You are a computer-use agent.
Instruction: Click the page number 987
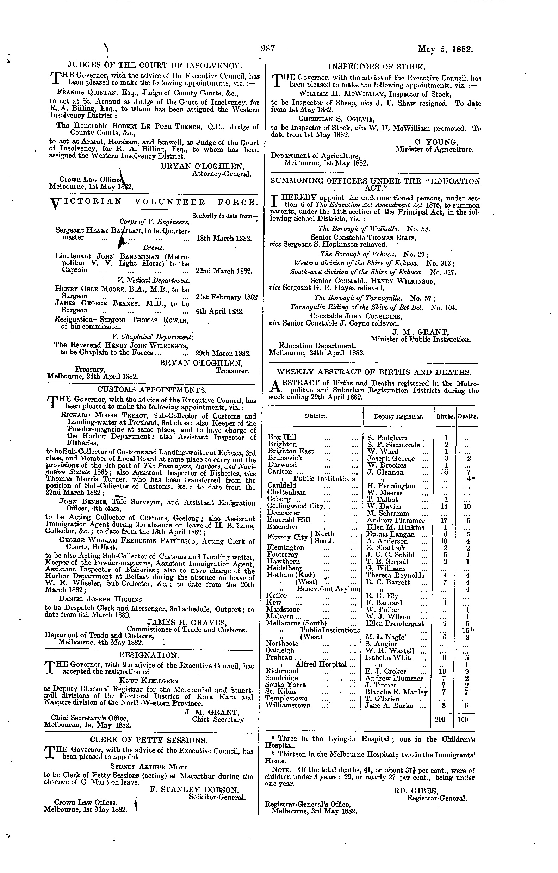[x=268, y=48]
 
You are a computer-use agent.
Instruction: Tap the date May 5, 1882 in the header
[x=446, y=49]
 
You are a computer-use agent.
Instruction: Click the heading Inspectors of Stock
[x=377, y=67]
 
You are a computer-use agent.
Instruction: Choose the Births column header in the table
[x=445, y=417]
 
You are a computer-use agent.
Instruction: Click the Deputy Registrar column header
[x=399, y=417]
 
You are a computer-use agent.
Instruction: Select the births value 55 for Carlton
[x=446, y=472]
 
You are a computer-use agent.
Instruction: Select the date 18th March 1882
[x=224, y=239]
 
